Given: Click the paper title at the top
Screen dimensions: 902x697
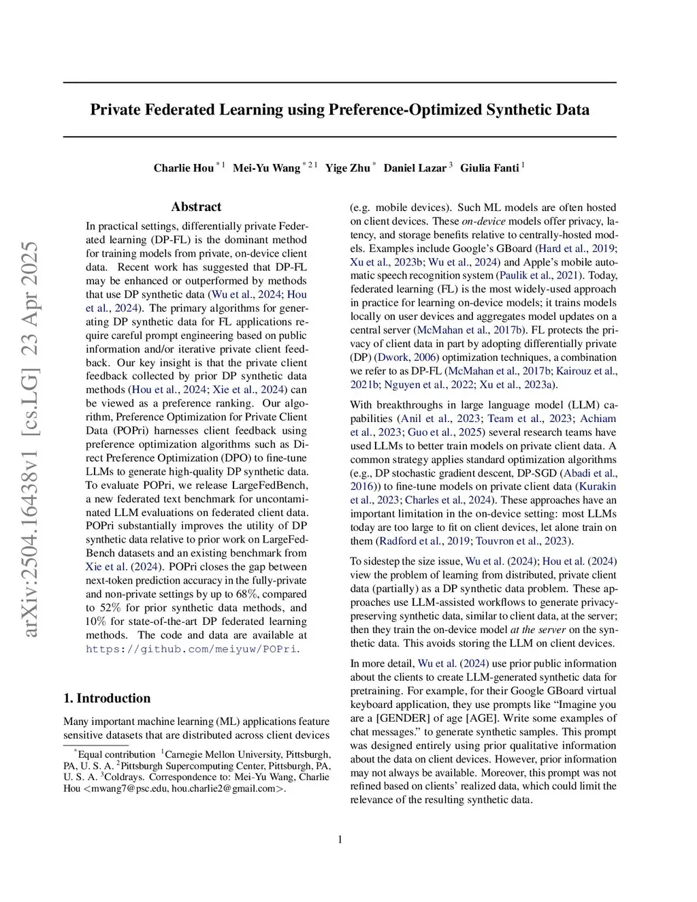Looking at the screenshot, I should (x=340, y=110).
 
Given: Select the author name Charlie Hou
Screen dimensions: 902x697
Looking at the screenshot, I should (x=183, y=168).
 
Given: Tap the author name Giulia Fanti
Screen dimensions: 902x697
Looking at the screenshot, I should (x=489, y=168).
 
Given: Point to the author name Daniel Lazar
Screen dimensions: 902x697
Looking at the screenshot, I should (x=415, y=168).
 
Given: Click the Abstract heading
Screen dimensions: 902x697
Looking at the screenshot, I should (x=196, y=207).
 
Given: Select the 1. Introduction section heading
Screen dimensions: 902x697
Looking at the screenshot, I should (x=107, y=698).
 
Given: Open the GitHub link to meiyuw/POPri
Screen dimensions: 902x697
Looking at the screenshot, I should (x=191, y=649).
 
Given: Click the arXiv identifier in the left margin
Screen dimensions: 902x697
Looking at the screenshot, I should (x=29, y=439).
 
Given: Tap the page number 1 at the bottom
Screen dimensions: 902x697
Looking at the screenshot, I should (x=340, y=839).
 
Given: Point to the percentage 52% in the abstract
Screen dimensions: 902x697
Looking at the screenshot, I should (x=111, y=608).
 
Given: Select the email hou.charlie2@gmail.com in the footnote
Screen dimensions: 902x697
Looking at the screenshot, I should (x=228, y=789).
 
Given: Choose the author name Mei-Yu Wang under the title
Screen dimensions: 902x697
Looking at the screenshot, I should (x=266, y=168).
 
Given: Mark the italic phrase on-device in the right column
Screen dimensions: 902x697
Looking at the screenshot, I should (x=483, y=221).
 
